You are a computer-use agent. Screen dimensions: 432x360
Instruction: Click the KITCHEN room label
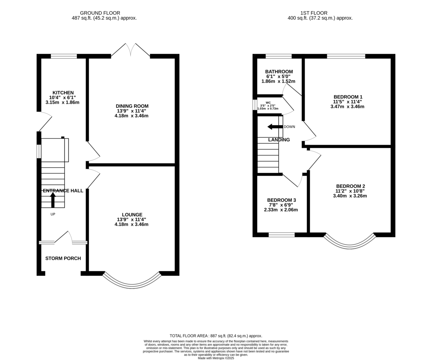click(63, 93)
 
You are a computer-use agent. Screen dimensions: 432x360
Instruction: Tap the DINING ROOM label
click(132, 106)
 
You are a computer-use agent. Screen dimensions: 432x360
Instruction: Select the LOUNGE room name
click(132, 214)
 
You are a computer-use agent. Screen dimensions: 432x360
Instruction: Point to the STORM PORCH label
click(63, 258)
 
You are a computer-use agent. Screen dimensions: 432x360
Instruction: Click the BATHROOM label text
click(279, 72)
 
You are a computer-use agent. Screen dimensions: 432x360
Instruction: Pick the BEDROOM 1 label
click(348, 97)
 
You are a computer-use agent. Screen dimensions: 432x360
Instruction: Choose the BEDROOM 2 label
click(351, 186)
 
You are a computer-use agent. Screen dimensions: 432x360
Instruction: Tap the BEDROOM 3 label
click(282, 200)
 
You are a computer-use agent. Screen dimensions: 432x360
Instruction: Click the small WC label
click(268, 103)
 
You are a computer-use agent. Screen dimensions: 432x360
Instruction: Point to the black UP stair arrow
click(53, 200)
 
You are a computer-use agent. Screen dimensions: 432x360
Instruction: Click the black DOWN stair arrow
click(275, 127)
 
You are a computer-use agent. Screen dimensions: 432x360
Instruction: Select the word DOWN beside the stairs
click(289, 127)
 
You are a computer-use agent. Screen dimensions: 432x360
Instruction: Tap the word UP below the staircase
click(53, 214)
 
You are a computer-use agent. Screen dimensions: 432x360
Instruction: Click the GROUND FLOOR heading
click(100, 13)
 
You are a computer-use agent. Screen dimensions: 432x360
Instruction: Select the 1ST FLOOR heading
click(314, 13)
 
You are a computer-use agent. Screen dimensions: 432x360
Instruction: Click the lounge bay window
click(132, 286)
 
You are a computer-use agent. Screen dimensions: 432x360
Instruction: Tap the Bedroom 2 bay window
click(350, 246)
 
